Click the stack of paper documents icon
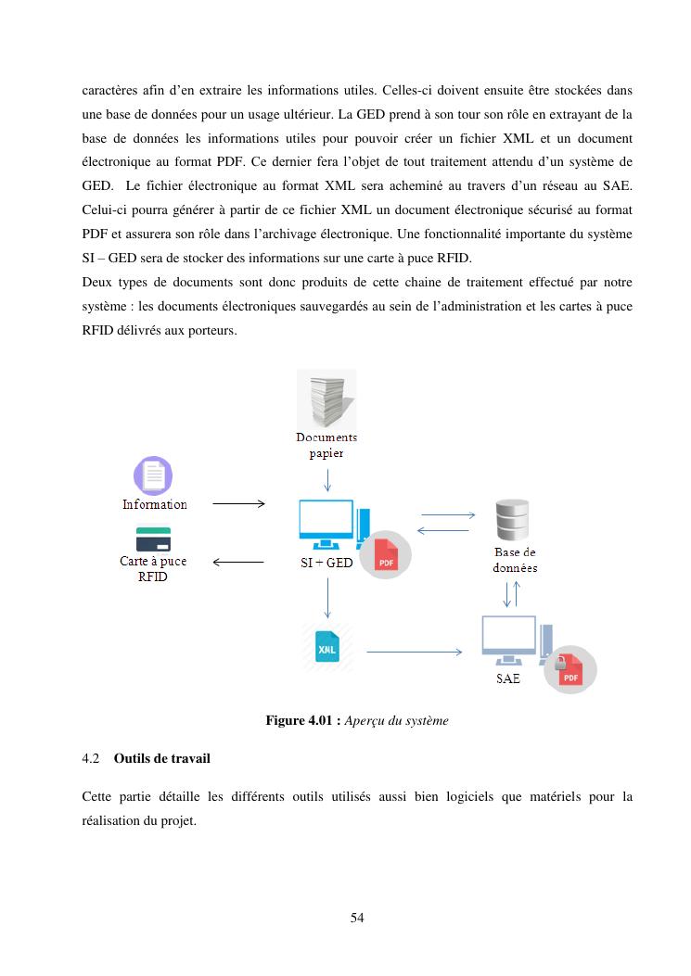pos(326,399)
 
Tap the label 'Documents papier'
pos(326,445)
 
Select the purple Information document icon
pos(153,476)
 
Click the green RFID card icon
pos(153,539)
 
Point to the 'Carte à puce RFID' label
pos(153,568)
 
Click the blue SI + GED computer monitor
pos(326,524)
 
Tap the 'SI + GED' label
pos(326,563)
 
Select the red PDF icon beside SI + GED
pos(385,556)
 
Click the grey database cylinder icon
pos(512,520)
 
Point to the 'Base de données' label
pos(515,560)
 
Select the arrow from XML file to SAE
pos(414,653)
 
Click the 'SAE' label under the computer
pos(508,679)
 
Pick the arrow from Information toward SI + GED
pos(238,504)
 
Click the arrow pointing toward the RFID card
pos(238,562)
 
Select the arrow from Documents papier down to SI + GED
pos(326,480)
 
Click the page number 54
pos(357,918)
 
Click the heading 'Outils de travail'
pos(161,758)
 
